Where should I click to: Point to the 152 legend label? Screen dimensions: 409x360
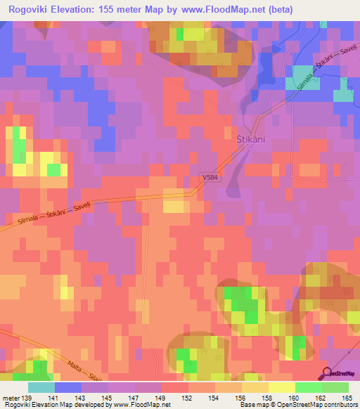[188, 397]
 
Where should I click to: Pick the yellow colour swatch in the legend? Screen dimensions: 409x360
[281, 387]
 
